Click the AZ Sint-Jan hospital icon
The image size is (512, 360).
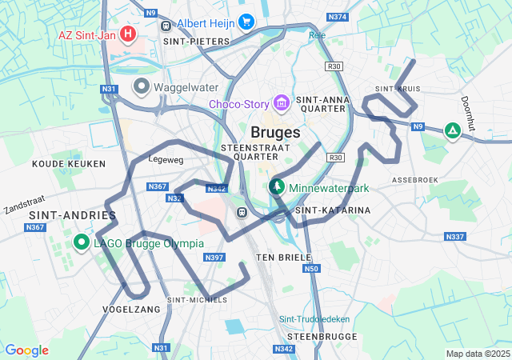(x=126, y=35)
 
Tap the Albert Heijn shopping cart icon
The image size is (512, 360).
(x=246, y=22)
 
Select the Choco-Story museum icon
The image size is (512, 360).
(x=281, y=104)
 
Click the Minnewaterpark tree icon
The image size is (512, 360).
(x=277, y=187)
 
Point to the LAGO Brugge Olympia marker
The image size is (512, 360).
(x=81, y=242)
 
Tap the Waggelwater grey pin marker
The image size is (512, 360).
(x=142, y=86)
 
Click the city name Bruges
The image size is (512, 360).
(x=275, y=132)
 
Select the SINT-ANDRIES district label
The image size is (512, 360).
(x=73, y=215)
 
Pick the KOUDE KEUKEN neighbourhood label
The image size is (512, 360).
(x=69, y=163)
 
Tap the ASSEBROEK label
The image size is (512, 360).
(x=414, y=181)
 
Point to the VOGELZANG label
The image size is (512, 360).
(x=131, y=308)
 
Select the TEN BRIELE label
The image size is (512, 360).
(x=277, y=258)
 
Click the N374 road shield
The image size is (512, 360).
(x=338, y=17)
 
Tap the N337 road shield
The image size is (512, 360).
(x=455, y=236)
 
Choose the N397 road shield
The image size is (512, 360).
(x=214, y=257)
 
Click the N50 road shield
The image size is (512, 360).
(x=311, y=269)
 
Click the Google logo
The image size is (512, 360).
(x=26, y=350)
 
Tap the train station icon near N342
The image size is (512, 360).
(x=240, y=212)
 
